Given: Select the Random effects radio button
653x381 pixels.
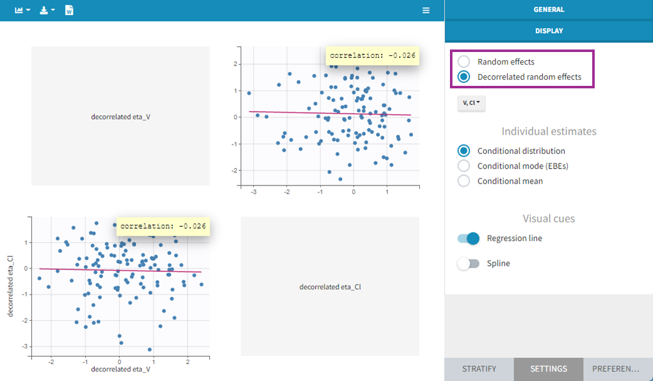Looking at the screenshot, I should pyautogui.click(x=464, y=62).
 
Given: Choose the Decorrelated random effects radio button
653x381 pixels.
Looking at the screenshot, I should pyautogui.click(x=464, y=77).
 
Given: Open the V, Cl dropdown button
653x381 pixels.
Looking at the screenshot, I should pyautogui.click(x=471, y=103).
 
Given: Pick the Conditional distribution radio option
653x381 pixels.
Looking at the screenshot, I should pyautogui.click(x=464, y=151).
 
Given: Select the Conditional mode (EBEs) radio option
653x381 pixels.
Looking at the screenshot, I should pyautogui.click(x=464, y=166).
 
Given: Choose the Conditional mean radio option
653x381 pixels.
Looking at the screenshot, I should pyautogui.click(x=464, y=181).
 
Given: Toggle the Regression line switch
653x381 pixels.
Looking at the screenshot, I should pyautogui.click(x=468, y=238).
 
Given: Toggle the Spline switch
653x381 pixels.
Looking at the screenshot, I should pyautogui.click(x=468, y=264).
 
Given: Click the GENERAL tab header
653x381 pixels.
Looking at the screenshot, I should pyautogui.click(x=548, y=10).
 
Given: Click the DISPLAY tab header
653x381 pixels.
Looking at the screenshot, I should pyautogui.click(x=548, y=31).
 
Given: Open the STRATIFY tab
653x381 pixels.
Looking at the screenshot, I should pyautogui.click(x=479, y=369).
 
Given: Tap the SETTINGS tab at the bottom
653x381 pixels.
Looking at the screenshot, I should pyautogui.click(x=548, y=369).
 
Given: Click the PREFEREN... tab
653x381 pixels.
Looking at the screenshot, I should pyautogui.click(x=618, y=369).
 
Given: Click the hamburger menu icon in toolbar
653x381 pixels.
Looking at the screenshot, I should pyautogui.click(x=426, y=11).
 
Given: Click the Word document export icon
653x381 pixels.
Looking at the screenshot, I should pyautogui.click(x=70, y=11).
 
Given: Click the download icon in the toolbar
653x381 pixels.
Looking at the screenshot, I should pyautogui.click(x=47, y=11).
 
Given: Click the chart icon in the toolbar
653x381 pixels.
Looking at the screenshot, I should pyautogui.click(x=23, y=11).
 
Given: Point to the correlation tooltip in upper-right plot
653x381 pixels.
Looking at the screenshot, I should pyautogui.click(x=372, y=55).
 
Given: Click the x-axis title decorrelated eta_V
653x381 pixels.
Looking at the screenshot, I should pyautogui.click(x=120, y=369).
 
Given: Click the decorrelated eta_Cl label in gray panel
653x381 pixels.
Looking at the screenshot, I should pyautogui.click(x=330, y=287).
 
